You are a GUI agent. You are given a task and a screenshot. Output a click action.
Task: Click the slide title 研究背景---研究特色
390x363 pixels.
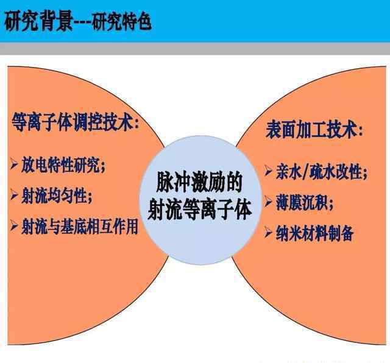pos(78,21)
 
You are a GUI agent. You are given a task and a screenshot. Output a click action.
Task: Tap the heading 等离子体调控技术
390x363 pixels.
pos(72,122)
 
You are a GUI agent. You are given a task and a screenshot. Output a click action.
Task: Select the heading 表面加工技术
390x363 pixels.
pos(310,130)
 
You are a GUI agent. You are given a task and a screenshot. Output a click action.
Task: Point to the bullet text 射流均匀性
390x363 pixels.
pos(54,196)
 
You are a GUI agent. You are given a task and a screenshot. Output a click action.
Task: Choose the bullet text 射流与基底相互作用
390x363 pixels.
pos(80,227)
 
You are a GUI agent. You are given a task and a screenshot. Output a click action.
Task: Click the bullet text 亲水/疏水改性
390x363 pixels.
pos(319,172)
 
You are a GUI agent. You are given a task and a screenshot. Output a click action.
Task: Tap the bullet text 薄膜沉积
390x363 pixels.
pos(302,202)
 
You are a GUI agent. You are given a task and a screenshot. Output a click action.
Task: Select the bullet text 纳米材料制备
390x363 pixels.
pos(314,233)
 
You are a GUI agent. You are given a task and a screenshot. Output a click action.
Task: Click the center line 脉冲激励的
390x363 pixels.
pos(199,183)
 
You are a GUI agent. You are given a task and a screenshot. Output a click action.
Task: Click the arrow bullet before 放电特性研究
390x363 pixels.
pos(14,164)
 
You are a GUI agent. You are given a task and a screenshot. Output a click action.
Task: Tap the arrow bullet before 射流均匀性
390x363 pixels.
pos(14,194)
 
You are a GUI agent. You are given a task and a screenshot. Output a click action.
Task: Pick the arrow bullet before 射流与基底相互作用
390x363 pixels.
pos(14,225)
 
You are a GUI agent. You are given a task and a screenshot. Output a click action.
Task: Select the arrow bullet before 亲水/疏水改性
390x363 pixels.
pos(268,171)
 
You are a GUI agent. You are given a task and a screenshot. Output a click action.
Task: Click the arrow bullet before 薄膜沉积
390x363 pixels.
pos(268,201)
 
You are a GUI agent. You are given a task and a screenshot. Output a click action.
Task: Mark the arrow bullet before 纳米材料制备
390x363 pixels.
pos(268,233)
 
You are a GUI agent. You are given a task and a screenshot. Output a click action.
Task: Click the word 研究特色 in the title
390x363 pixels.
pos(122,22)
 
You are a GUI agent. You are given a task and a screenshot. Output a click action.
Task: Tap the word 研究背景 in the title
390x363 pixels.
pos(38,21)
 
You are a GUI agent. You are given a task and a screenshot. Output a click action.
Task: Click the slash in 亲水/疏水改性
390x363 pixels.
pos(306,172)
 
